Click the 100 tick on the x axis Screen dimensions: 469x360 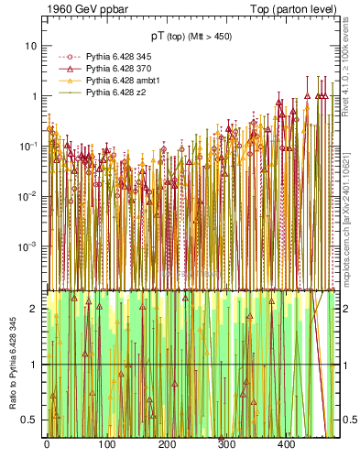pyautogui.click(x=106, y=444)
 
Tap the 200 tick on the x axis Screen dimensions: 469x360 pyautogui.click(x=166, y=444)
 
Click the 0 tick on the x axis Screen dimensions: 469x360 pyautogui.click(x=47, y=444)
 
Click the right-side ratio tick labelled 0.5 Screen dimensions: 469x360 pyautogui.click(x=349, y=420)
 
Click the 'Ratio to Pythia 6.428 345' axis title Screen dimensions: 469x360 pyautogui.click(x=11, y=364)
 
